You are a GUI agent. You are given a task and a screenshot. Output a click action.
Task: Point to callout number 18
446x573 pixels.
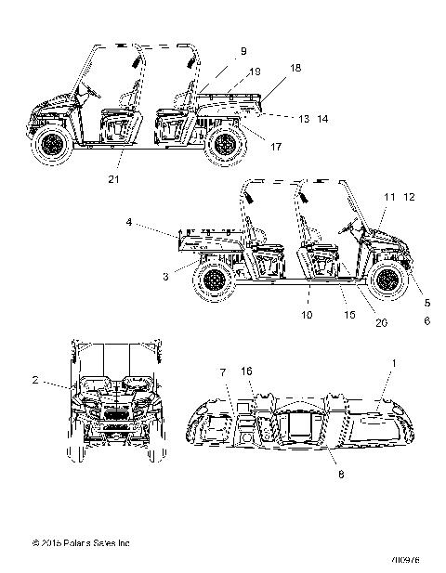295,68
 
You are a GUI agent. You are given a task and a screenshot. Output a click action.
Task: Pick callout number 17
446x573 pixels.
276,145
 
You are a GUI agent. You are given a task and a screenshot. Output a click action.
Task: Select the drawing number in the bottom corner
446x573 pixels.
406,559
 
